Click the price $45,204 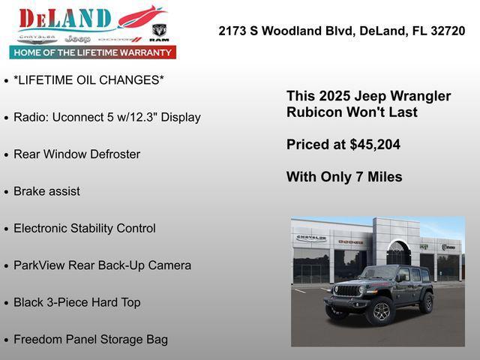[373, 145]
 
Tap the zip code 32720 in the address [448, 31]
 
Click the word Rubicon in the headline [313, 112]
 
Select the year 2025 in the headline [334, 96]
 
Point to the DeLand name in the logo [65, 19]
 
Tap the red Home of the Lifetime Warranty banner [93, 52]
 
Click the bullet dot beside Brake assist [6, 192]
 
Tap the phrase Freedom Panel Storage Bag [91, 340]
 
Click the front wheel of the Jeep [381, 311]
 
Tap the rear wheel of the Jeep [427, 303]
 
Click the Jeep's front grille [346, 290]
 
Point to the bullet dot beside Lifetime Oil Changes [6, 80]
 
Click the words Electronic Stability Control [85, 229]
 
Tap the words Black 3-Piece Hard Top [77, 303]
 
